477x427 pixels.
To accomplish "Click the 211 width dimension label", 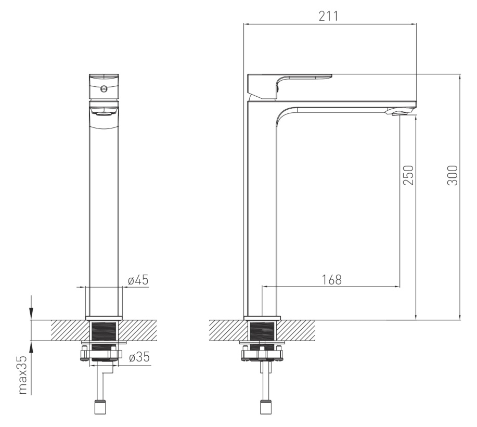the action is (x=328, y=16).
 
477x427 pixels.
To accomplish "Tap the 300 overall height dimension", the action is (x=452, y=175).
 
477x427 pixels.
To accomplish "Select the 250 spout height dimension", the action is (x=408, y=175).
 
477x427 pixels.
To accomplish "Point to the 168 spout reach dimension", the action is (x=332, y=279).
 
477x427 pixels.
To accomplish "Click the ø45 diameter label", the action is (x=138, y=279).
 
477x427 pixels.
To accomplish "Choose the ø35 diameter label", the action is (x=139, y=357).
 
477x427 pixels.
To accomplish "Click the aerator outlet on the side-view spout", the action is (x=401, y=113).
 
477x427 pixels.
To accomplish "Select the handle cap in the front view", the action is (x=104, y=86).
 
